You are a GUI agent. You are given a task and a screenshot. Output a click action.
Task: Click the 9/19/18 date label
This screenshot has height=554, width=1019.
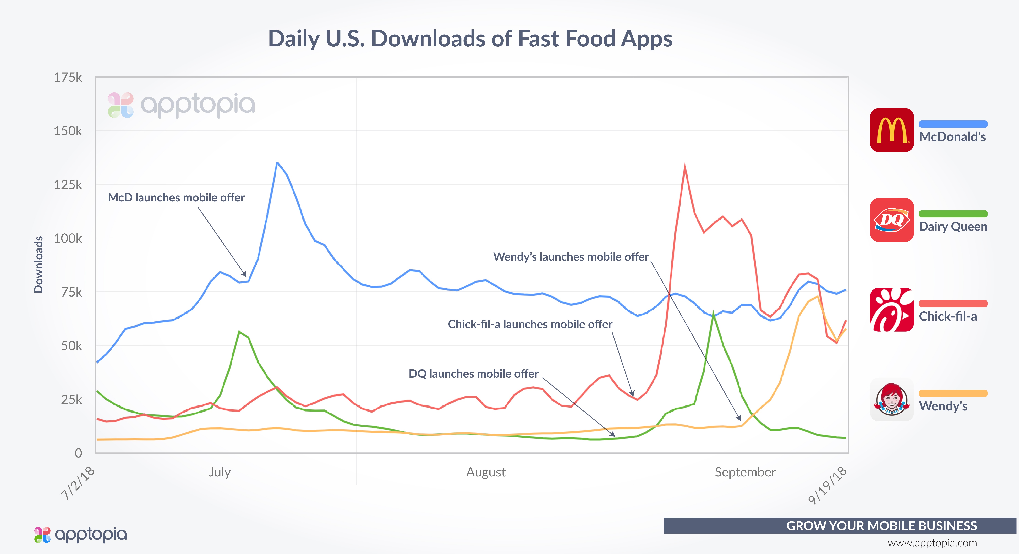pyautogui.click(x=827, y=485)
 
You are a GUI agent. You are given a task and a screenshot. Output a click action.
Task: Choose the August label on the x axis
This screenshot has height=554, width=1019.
pyautogui.click(x=486, y=472)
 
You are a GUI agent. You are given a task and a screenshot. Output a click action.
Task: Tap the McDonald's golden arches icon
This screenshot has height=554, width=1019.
pyautogui.click(x=892, y=130)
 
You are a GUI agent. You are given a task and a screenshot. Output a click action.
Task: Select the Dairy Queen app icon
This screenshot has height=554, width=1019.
pyautogui.click(x=892, y=220)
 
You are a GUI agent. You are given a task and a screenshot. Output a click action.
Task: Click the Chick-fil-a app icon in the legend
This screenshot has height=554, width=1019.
pyautogui.click(x=892, y=310)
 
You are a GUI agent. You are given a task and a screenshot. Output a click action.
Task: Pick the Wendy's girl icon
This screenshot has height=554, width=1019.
pyautogui.click(x=892, y=399)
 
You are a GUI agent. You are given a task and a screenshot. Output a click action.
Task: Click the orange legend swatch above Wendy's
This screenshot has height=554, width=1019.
pyautogui.click(x=953, y=393)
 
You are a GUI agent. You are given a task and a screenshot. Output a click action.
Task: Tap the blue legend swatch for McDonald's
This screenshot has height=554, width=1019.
pyautogui.click(x=953, y=124)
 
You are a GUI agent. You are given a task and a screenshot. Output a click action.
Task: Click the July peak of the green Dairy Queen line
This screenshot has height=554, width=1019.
pyautogui.click(x=239, y=331)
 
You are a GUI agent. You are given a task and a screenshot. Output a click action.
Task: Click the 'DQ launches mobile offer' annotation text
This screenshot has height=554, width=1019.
pyautogui.click(x=473, y=374)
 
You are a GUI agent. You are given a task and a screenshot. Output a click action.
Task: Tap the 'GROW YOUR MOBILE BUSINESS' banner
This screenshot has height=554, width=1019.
pyautogui.click(x=881, y=525)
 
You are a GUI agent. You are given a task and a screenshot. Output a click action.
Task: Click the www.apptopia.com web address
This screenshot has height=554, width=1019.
pyautogui.click(x=932, y=543)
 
